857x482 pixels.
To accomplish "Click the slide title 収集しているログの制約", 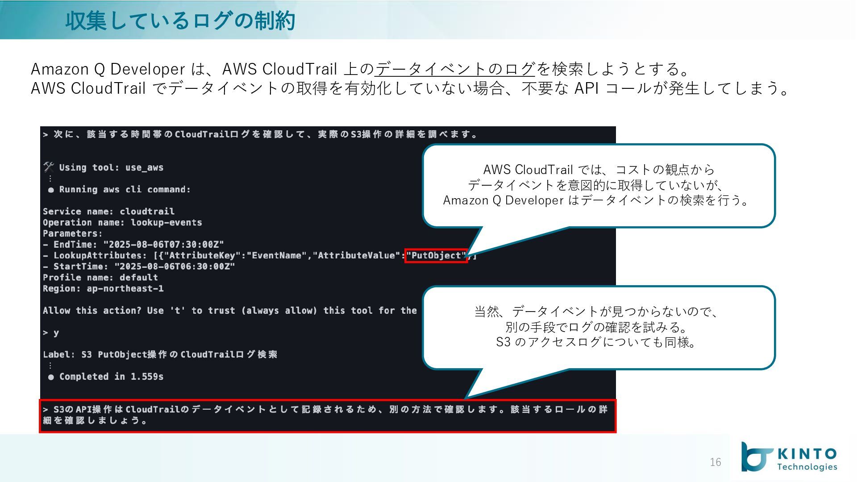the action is click(x=180, y=21).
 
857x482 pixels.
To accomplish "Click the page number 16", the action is click(x=715, y=462).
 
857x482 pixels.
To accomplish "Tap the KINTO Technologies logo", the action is click(x=789, y=457).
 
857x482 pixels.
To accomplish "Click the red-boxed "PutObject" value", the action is click(x=436, y=256).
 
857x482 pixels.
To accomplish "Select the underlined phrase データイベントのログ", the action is click(x=454, y=69).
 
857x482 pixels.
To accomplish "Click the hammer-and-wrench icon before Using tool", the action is click(x=49, y=167).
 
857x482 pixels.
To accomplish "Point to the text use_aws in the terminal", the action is click(x=144, y=168).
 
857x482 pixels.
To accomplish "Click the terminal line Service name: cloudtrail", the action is click(x=108, y=212).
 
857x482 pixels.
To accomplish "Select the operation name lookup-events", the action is click(x=166, y=223).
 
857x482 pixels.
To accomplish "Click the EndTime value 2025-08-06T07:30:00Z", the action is click(x=163, y=245).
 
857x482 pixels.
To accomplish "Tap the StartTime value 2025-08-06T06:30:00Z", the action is click(x=175, y=266).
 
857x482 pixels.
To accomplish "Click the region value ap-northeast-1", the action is click(x=125, y=289).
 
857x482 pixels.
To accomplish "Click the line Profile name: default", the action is click(x=100, y=278).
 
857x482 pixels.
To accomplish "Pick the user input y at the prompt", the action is click(x=56, y=333).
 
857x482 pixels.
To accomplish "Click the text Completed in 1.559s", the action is click(x=111, y=377).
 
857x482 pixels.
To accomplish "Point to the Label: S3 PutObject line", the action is click(x=160, y=355).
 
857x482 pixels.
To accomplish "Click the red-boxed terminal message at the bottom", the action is click(x=327, y=415).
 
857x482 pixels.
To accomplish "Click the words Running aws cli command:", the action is click(x=125, y=190).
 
